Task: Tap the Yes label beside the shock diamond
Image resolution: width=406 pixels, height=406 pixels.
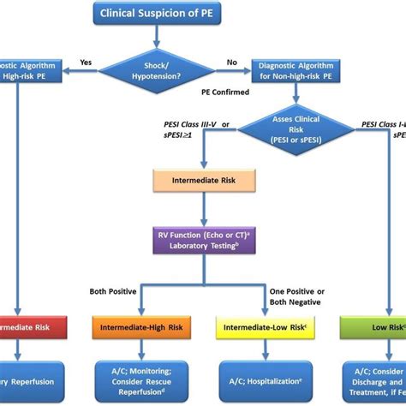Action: click(86, 63)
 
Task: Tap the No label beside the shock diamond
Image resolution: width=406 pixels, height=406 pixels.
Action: click(230, 63)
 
